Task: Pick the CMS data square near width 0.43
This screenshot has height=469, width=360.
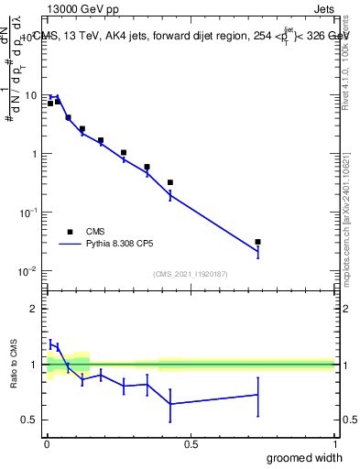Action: coord(170,182)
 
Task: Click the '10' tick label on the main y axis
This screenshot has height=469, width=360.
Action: coord(30,95)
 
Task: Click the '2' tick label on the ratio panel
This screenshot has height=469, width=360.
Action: coord(33,309)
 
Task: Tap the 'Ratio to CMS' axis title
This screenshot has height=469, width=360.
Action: coord(13,364)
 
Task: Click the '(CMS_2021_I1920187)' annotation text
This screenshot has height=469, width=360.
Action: coord(191,274)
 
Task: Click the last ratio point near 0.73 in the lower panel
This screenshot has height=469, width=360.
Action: coord(258,395)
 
